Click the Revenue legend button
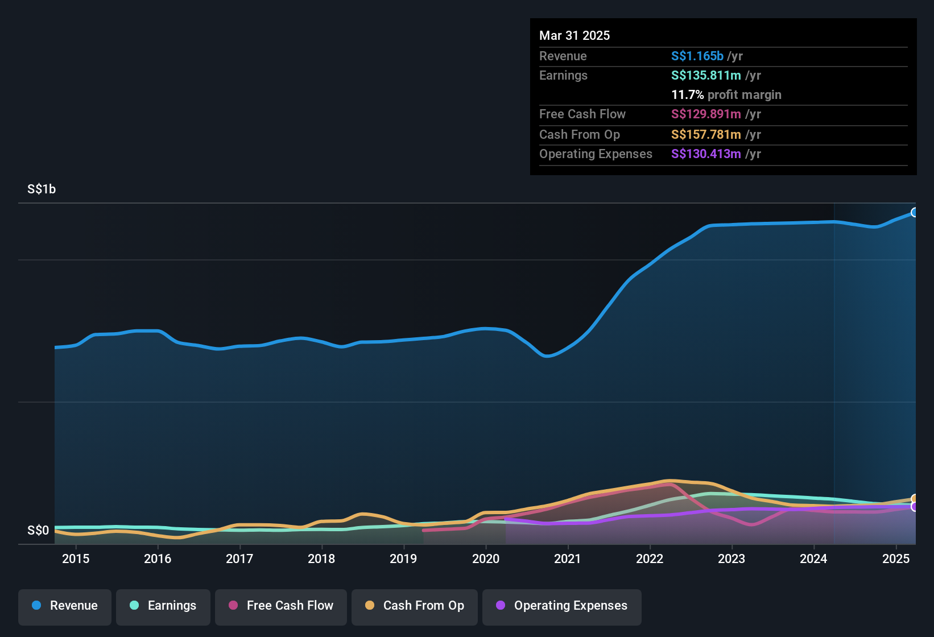[65, 606]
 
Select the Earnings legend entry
[163, 606]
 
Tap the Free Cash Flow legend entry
[281, 606]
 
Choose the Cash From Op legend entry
[415, 606]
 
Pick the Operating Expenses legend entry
[562, 606]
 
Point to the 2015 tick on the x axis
[76, 559]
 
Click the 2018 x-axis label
[321, 559]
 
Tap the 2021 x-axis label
[568, 559]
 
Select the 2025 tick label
[895, 559]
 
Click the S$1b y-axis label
[42, 189]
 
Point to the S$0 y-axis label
[38, 531]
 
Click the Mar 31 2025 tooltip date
[575, 36]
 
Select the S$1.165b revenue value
[697, 56]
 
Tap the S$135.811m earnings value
[706, 76]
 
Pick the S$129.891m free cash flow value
[706, 114]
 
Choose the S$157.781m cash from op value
[706, 135]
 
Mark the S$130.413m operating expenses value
[706, 154]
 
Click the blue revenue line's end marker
[915, 213]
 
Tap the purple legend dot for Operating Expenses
[501, 605]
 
